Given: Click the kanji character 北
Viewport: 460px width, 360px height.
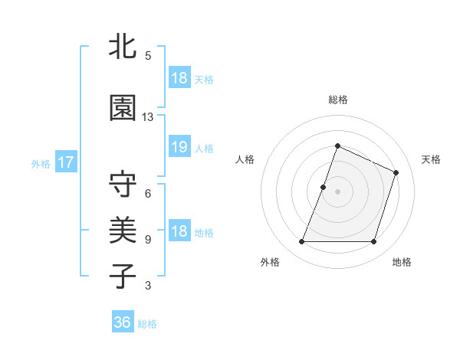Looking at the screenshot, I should point(123,47).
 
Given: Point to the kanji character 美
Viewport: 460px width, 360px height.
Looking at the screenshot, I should point(123,229).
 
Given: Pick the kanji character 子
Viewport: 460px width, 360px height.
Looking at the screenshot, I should point(123,275).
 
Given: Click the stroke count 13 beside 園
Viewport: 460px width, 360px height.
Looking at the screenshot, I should point(148,117).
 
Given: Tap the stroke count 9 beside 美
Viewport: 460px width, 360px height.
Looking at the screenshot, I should point(148,239).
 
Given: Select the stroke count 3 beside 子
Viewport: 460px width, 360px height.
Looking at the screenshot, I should point(148,286).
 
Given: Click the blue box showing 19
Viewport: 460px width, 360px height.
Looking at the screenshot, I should point(179,148).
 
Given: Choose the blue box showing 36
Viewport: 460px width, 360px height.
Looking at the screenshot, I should point(123,322).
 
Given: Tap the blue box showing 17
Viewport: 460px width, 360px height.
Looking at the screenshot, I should point(65,162).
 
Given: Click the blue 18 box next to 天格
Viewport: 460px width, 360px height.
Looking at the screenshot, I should point(179,78).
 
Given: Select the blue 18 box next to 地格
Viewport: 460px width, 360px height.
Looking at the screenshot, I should point(179,232).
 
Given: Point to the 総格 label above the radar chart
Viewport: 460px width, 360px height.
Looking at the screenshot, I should point(338,100).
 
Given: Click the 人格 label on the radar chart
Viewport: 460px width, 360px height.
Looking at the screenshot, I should point(245,159).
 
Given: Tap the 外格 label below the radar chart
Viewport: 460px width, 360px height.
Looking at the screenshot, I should point(270,262).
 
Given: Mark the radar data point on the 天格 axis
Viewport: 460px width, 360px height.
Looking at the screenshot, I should point(396,172).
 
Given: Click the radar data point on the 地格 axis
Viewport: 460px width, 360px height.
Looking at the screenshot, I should point(374,242).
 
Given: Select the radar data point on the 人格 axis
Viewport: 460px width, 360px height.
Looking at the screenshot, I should point(324,187).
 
